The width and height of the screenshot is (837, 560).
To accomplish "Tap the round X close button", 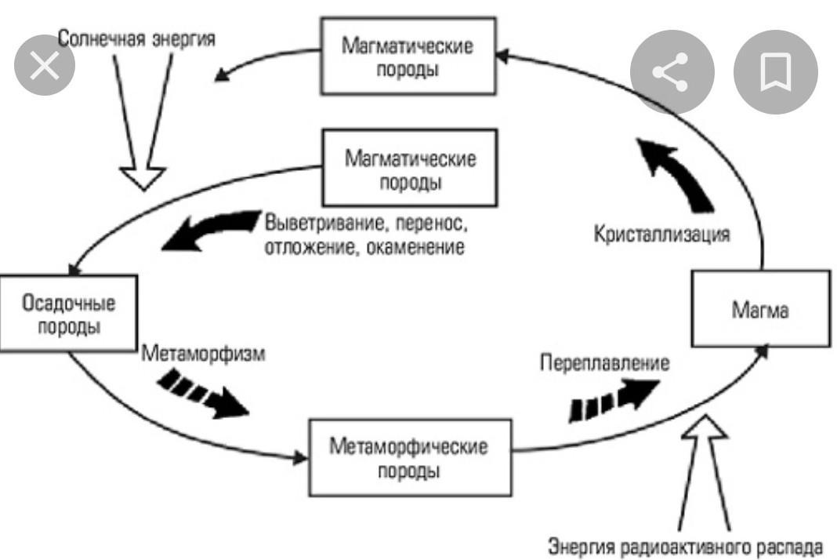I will point(45,67).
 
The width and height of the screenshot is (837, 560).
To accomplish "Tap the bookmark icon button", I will point(774,73).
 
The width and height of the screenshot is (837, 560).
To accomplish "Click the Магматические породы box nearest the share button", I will point(408,56).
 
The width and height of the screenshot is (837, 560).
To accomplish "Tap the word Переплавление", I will point(604,363).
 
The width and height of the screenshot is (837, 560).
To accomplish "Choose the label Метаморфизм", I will point(204,352).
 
